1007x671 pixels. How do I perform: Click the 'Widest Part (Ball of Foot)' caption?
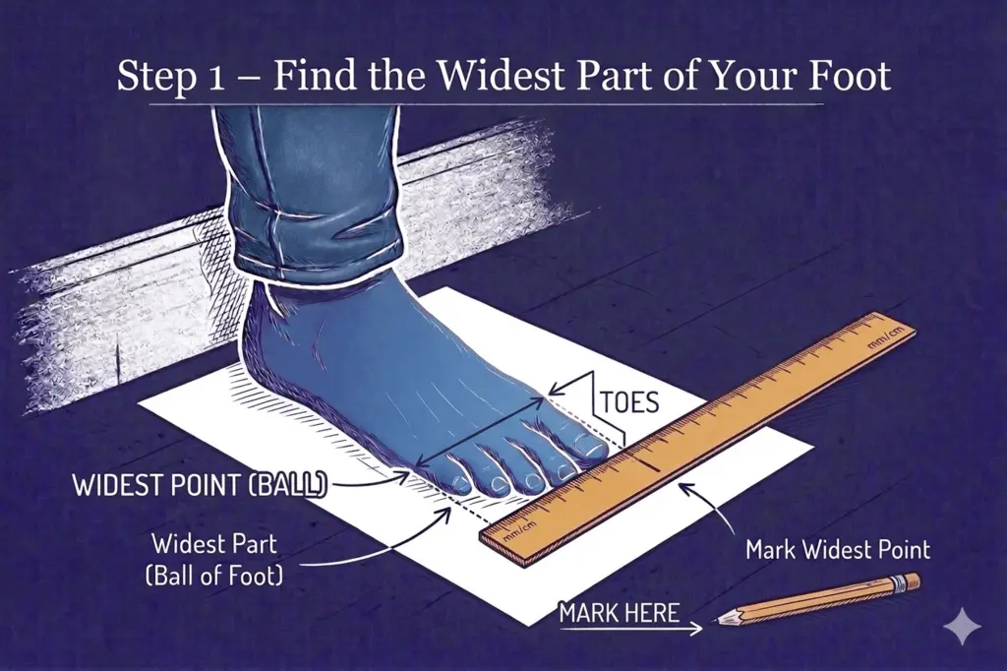click(217, 559)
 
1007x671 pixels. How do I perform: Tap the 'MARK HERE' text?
click(619, 612)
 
